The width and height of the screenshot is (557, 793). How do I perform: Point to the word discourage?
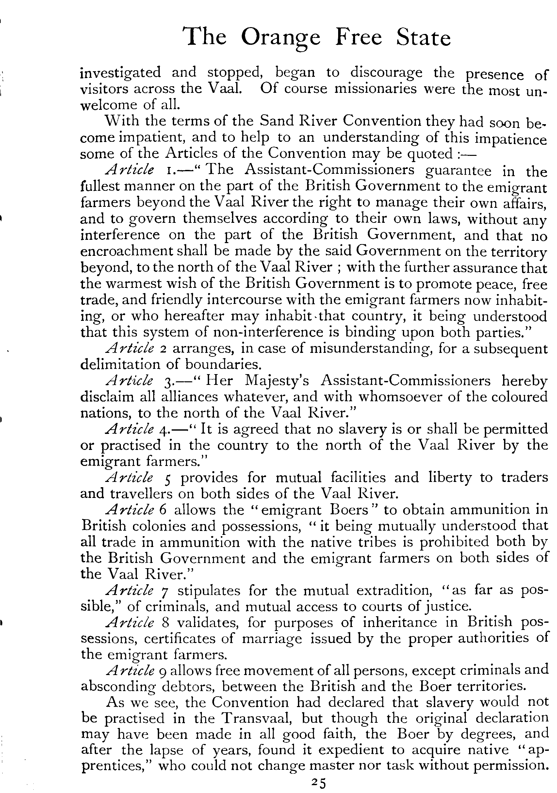click(x=386, y=73)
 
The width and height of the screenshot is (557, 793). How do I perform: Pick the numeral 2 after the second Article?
click(x=164, y=349)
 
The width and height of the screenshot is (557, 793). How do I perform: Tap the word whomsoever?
click(x=400, y=397)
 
